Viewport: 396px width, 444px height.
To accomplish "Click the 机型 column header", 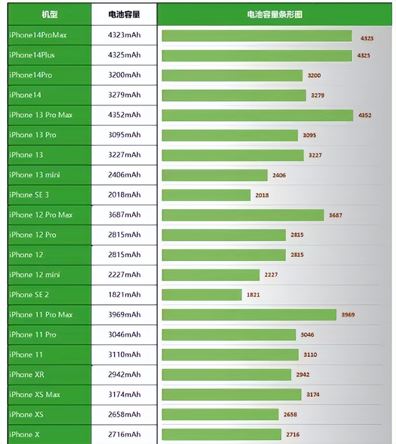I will coord(49,15).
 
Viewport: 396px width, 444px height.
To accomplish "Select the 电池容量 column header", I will coord(124,15).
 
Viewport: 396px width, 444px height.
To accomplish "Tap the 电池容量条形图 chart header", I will coord(275,15).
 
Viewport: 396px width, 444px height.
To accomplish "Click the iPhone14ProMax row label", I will coord(38,35).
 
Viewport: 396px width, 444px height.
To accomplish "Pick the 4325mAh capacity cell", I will coord(124,55).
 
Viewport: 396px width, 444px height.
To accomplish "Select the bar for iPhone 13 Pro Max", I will coord(257,115).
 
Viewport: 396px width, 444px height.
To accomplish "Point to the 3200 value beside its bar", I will coord(314,75).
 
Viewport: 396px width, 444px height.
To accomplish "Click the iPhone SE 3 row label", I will coord(29,195).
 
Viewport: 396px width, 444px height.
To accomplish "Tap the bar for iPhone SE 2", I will coord(201,295).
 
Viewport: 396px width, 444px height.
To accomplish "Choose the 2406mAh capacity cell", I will coord(124,175).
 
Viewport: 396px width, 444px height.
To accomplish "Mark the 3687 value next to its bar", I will coord(336,215).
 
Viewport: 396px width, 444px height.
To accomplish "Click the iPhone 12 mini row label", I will coord(34,275).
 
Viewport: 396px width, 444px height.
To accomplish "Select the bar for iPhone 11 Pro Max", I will coord(249,315).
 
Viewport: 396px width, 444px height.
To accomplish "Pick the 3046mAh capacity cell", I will coord(124,335).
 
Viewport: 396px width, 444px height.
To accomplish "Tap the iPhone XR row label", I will coord(27,375).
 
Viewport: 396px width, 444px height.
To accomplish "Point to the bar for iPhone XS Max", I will coord(231,395).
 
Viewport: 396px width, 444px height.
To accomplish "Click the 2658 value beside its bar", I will coord(290,414).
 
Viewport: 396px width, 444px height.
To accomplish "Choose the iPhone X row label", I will coord(24,435).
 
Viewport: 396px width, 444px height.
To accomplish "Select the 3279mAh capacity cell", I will coord(124,95).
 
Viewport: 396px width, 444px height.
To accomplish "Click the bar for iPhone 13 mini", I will coord(214,175).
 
